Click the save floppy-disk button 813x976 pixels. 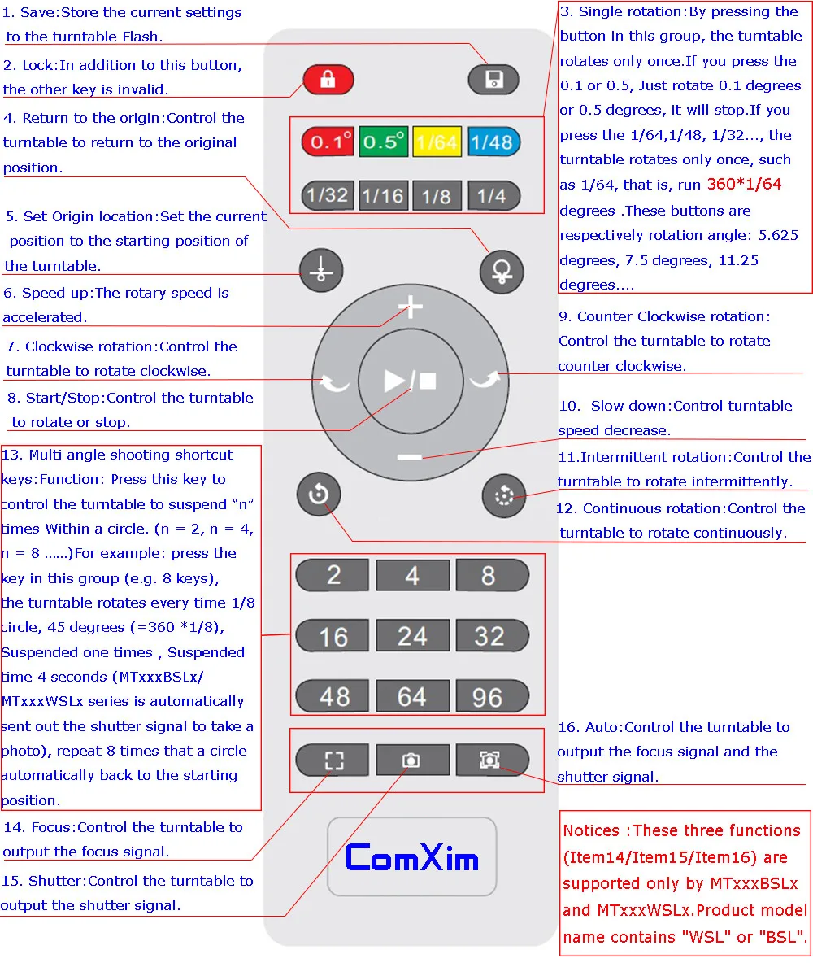pos(493,80)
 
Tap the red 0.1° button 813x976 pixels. pos(328,142)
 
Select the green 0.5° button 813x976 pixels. pos(383,142)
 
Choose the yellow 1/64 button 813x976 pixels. pos(437,142)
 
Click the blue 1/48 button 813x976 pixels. pos(492,142)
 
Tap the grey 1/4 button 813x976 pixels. pos(492,195)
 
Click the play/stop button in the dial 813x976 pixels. pos(411,381)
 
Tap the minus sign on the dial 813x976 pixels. pos(410,457)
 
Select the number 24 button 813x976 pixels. pos(412,636)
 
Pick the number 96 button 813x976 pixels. pos(488,697)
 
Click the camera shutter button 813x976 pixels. pos(412,760)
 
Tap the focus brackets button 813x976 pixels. pos(334,760)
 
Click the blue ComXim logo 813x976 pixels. pos(411,857)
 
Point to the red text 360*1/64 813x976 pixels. pos(744,185)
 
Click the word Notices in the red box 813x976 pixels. pos(591,830)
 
